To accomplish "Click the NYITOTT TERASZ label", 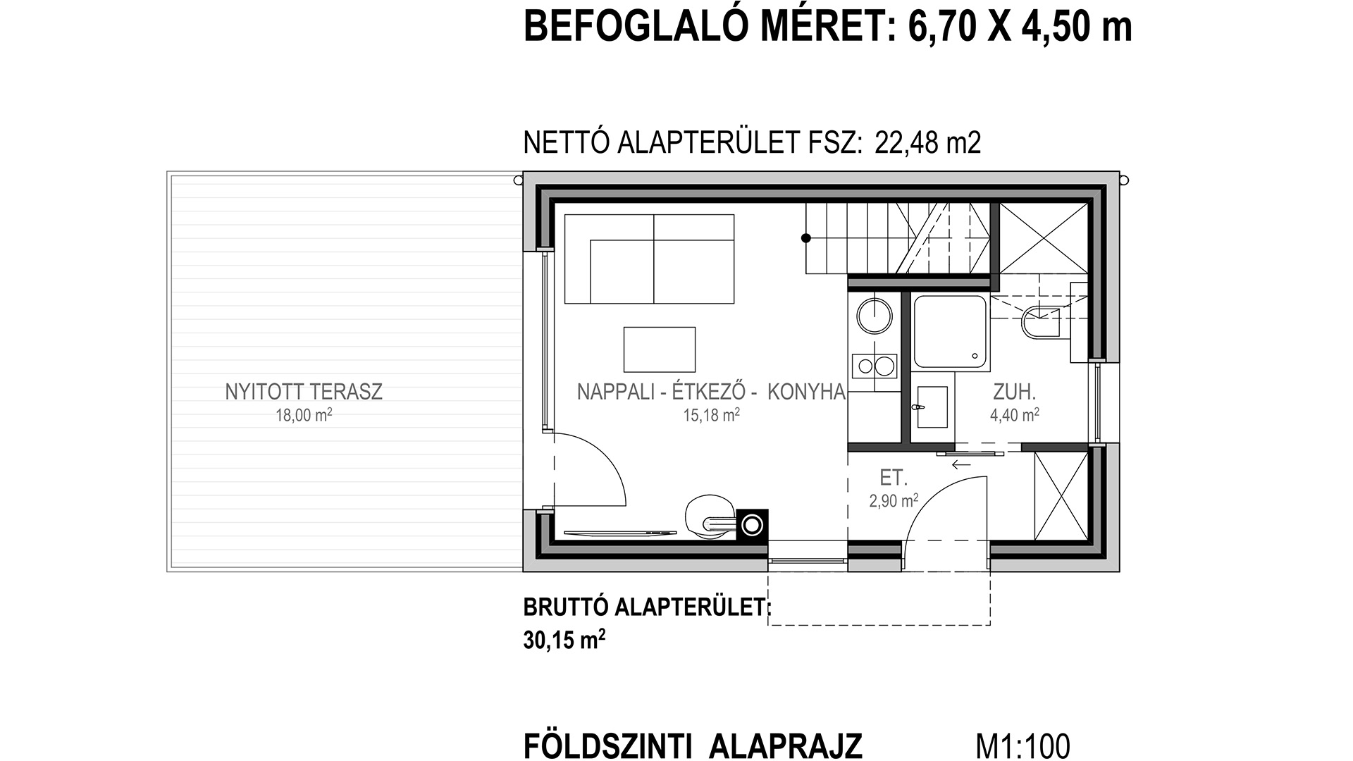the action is click(x=304, y=392).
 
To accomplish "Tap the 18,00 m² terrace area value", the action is click(x=304, y=415).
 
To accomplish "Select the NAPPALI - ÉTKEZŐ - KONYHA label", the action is click(x=711, y=392).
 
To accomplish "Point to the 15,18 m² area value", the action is click(x=711, y=415).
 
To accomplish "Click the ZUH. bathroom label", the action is click(x=1015, y=392).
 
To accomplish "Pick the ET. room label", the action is click(x=893, y=478).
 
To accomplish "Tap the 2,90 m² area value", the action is click(x=894, y=501).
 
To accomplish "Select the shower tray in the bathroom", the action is click(x=951, y=333).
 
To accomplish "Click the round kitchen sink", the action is click(x=875, y=315).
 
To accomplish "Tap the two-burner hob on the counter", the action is click(x=875, y=366).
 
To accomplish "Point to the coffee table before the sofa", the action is click(x=660, y=349).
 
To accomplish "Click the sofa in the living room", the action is click(x=649, y=259).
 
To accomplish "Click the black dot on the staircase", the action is click(x=806, y=239).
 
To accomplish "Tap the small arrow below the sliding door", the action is click(x=960, y=465).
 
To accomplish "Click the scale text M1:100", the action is click(x=1023, y=746).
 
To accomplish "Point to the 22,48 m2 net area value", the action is click(x=927, y=143).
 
